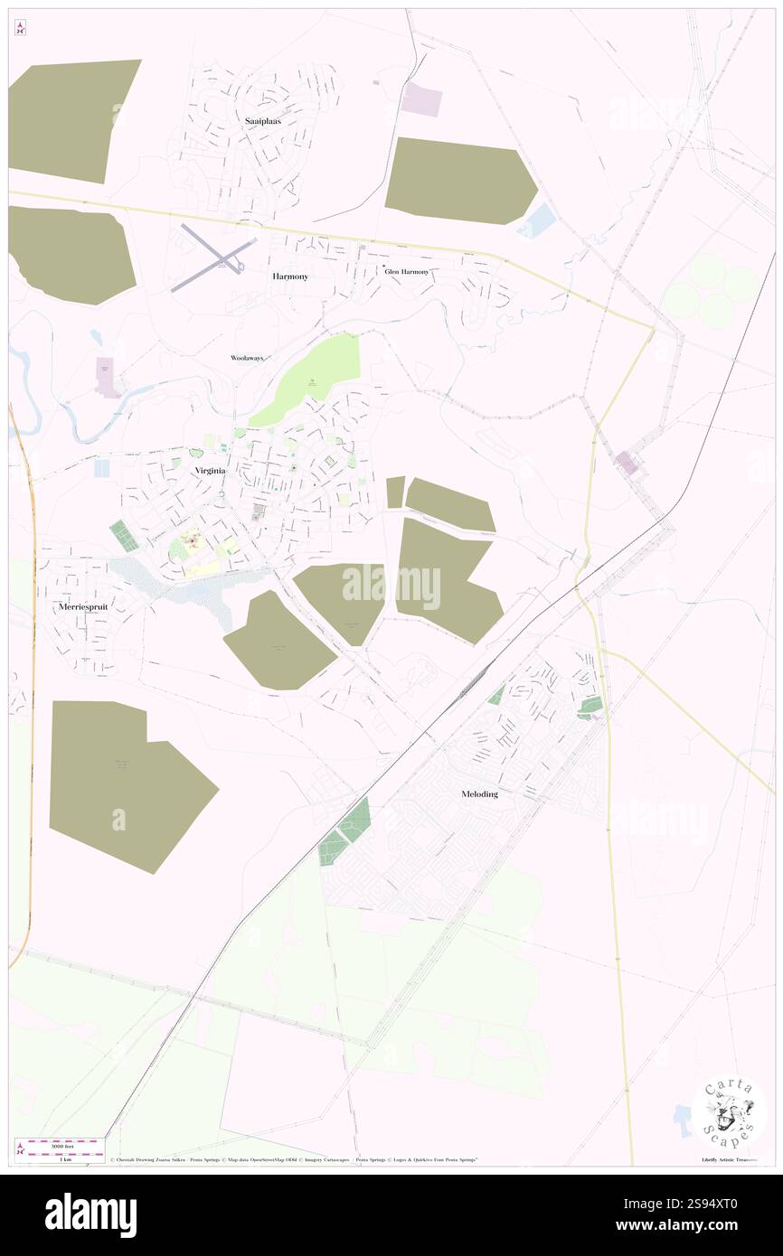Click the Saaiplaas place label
pyautogui.click(x=262, y=119)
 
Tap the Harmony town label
pyautogui.click(x=290, y=277)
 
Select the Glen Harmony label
pyautogui.click(x=406, y=271)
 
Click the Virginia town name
pyautogui.click(x=209, y=471)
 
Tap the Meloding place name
pyautogui.click(x=478, y=793)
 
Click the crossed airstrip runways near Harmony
pyautogui.click(x=214, y=257)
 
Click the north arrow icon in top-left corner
pyautogui.click(x=21, y=28)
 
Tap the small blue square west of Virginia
pyautogui.click(x=101, y=468)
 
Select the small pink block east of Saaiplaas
pyautogui.click(x=421, y=99)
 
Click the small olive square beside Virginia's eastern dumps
pyautogui.click(x=395, y=492)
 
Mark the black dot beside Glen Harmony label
pyautogui.click(x=383, y=265)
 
